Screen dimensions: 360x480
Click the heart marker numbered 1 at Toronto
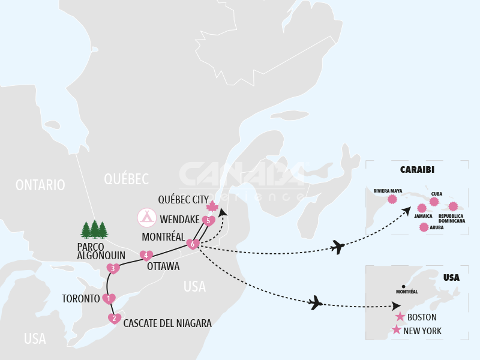point(109,299)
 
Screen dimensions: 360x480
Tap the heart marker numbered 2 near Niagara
point(114,319)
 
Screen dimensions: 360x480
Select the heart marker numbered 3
point(113,268)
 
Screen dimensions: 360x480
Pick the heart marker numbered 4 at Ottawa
point(146,256)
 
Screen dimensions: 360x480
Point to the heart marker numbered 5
point(208,221)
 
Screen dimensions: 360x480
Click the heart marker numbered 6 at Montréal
point(193,244)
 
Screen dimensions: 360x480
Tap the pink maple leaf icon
point(212,207)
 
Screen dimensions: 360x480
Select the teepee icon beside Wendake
point(147,217)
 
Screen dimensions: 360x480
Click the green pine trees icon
point(94,229)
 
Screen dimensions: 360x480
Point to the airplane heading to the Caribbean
point(338,247)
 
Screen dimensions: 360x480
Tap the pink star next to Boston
point(400,317)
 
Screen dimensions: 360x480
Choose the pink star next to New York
point(396,330)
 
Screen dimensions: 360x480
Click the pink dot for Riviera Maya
point(392,199)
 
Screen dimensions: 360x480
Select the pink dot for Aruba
point(424,227)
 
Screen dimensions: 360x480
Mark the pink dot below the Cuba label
point(434,202)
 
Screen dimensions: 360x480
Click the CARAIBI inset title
point(417,169)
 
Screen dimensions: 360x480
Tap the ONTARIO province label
point(41,185)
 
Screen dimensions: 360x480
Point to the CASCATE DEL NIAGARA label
point(167,323)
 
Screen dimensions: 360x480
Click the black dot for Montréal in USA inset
point(404,286)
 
